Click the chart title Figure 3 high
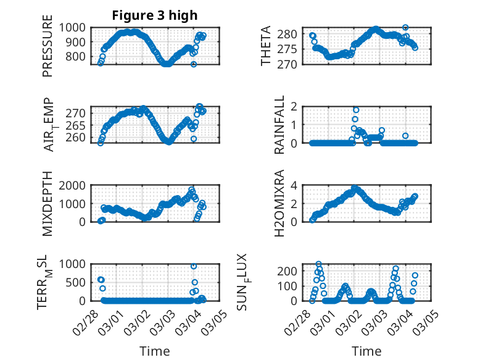pyautogui.click(x=155, y=15)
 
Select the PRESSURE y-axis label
pyautogui.click(x=48, y=51)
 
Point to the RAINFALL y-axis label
pyautogui.click(x=279, y=125)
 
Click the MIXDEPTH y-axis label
pyautogui.click(x=48, y=203)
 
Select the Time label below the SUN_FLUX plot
pyautogui.click(x=366, y=351)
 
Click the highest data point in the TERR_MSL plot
pyautogui.click(x=194, y=266)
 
